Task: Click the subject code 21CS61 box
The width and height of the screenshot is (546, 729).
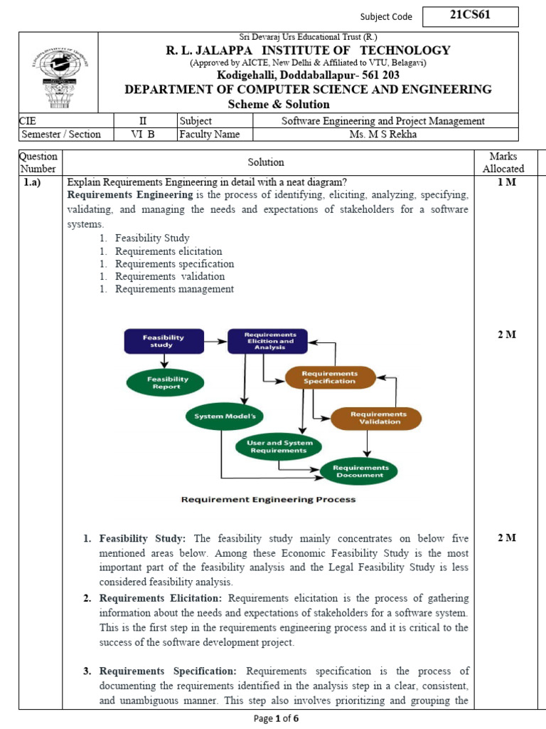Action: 470,16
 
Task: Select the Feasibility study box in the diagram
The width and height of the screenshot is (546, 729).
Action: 164,341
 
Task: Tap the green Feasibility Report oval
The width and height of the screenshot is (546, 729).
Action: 164,383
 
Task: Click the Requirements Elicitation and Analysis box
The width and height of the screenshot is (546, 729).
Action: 267,341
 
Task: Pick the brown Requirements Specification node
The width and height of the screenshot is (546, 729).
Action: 329,377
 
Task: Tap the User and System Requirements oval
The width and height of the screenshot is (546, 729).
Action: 278,446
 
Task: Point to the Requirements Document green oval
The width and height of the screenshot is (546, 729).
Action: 359,471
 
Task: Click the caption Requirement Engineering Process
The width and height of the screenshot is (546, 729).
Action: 268,500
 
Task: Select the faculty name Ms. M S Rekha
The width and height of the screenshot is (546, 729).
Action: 383,135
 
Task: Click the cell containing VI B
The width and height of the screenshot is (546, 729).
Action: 142,135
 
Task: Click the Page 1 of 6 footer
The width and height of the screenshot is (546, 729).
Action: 277,718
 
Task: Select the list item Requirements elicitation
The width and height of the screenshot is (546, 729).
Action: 168,251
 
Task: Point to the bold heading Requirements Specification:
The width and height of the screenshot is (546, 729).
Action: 168,671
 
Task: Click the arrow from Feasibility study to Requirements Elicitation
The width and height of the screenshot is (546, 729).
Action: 215,341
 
